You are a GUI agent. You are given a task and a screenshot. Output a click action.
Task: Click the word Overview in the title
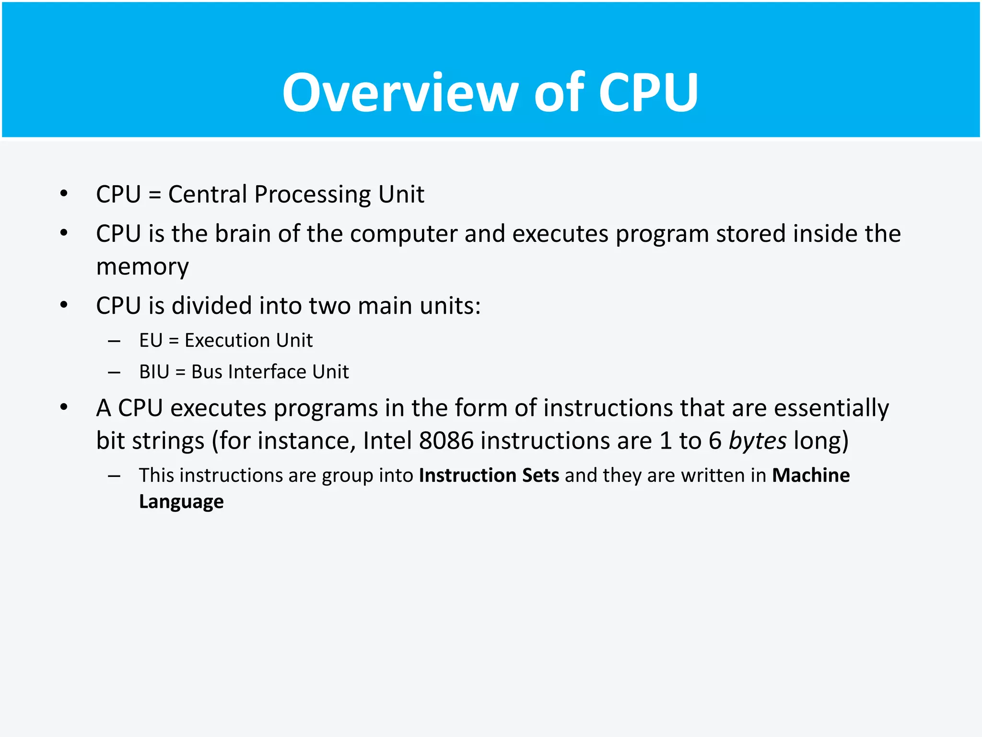pyautogui.click(x=400, y=92)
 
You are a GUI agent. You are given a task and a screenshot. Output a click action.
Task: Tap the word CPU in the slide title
pyautogui.click(x=648, y=92)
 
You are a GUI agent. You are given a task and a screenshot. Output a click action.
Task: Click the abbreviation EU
pyautogui.click(x=151, y=341)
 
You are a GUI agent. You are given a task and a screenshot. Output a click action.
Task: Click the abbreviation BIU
pyautogui.click(x=154, y=372)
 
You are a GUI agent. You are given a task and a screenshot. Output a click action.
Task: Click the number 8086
pyautogui.click(x=446, y=440)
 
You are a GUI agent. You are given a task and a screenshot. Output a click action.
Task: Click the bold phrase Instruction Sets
pyautogui.click(x=489, y=475)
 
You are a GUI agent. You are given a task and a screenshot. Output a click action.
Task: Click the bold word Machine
pyautogui.click(x=810, y=475)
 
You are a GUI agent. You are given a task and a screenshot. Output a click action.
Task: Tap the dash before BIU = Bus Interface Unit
pyautogui.click(x=114, y=372)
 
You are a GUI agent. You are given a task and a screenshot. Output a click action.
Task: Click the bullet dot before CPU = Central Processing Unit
pyautogui.click(x=64, y=194)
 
